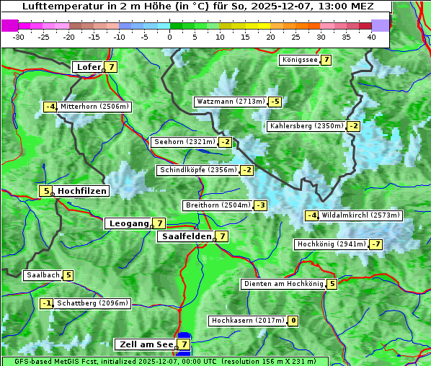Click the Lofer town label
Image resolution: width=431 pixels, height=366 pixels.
(x=88, y=67)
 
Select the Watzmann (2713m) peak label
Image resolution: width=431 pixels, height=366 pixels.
(x=230, y=102)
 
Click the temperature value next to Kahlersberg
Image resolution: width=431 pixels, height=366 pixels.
(x=353, y=126)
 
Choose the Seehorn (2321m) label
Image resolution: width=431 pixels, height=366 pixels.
(x=185, y=142)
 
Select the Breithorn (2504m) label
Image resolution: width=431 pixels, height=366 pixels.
(x=218, y=205)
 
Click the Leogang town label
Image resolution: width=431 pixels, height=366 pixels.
(x=128, y=223)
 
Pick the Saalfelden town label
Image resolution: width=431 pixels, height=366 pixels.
(x=187, y=236)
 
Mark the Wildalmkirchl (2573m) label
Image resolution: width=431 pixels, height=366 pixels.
(x=360, y=215)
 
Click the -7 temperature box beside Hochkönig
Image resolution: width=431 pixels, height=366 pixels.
(x=376, y=244)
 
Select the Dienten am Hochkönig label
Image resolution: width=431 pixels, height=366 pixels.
(x=283, y=284)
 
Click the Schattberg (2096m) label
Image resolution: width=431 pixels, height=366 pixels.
(x=93, y=303)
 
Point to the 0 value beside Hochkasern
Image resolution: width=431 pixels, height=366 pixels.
(x=293, y=321)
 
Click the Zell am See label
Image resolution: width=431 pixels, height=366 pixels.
(x=145, y=344)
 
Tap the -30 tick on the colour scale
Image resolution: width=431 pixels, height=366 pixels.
(x=19, y=36)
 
